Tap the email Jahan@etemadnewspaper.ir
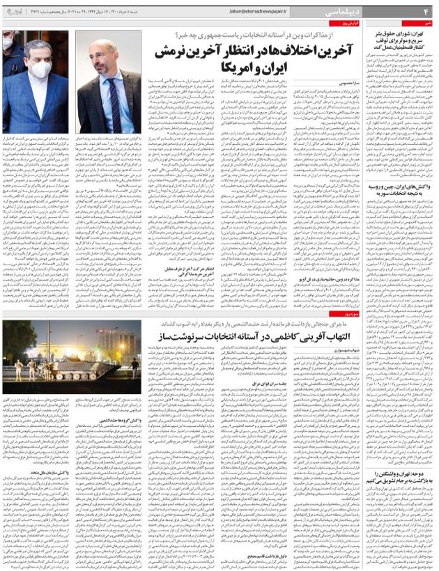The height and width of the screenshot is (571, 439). tap(258, 11)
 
